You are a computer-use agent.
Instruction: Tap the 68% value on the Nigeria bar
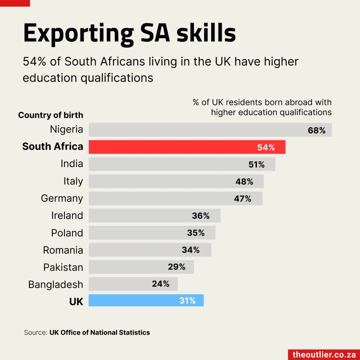[317, 130]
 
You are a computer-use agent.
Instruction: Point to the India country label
[72, 164]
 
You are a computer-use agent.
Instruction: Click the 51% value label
[256, 164]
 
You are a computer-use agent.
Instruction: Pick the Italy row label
[73, 181]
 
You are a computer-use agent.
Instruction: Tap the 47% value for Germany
[243, 199]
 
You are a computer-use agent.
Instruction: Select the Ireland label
[67, 216]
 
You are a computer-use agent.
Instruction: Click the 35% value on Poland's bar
[196, 233]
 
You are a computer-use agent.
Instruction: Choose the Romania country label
[63, 250]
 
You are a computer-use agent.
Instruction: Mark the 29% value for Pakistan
[176, 267]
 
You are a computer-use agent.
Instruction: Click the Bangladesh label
[56, 284]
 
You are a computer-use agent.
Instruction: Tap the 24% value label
[160, 284]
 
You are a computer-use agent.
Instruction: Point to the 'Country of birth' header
[51, 116]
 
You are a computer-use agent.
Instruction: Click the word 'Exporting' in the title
[79, 33]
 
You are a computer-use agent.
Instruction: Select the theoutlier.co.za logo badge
[324, 355]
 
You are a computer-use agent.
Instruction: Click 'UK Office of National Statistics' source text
[100, 332]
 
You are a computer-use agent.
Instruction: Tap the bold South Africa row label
[52, 147]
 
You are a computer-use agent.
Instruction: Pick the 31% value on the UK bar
[188, 300]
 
